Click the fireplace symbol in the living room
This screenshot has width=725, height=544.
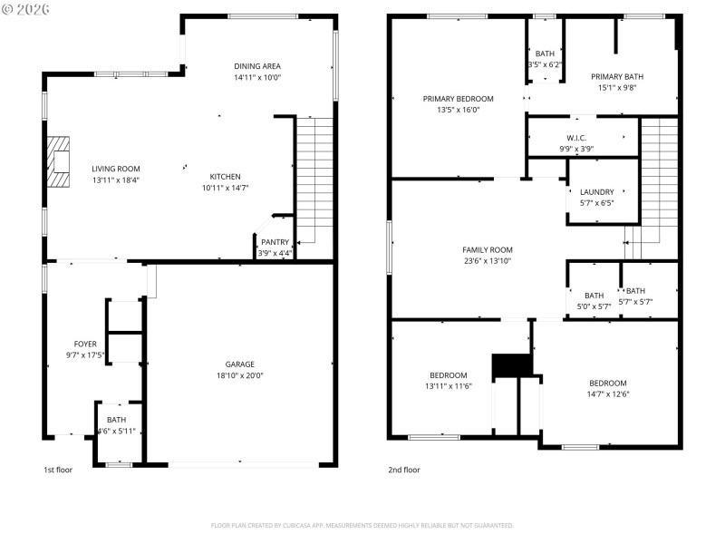pos(59,161)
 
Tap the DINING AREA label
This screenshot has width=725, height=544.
pos(257,66)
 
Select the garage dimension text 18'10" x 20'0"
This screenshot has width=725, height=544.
pos(239,375)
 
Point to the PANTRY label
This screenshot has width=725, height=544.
pos(274,242)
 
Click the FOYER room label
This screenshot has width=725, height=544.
pos(85,344)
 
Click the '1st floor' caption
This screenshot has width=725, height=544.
pos(58,470)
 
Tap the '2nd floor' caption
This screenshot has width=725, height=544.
pos(404,470)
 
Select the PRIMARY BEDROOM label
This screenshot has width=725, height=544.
pos(458,98)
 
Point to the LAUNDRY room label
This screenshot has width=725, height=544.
pos(597,192)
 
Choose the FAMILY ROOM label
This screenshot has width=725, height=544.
pos(488,249)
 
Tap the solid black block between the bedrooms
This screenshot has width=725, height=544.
pos(509,365)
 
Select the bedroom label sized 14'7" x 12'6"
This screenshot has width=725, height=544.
pos(607,383)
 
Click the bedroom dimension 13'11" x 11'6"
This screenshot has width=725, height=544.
pos(449,386)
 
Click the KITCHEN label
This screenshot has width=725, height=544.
pos(225,177)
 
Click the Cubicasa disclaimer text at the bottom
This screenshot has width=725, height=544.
pos(362,525)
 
